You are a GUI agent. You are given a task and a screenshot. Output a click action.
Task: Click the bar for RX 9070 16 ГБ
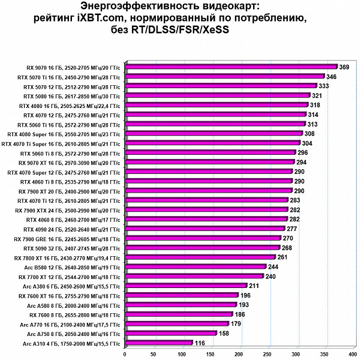(x=231, y=67)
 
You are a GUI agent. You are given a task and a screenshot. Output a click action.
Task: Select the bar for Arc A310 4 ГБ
(x=158, y=343)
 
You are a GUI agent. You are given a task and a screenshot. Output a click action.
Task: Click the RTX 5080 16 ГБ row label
(x=71, y=96)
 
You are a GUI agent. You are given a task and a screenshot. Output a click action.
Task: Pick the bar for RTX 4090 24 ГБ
(x=204, y=229)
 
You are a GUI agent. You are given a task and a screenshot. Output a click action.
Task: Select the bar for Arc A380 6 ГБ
(x=185, y=286)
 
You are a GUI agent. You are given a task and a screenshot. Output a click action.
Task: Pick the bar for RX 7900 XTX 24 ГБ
(x=206, y=210)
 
